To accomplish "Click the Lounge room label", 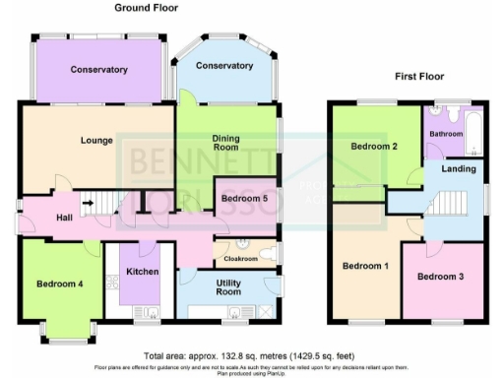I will pyautogui.click(x=96, y=141).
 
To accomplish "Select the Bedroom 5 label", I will pyautogui.click(x=244, y=199).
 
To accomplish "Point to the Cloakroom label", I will pyautogui.click(x=239, y=259).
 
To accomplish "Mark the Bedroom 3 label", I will pyautogui.click(x=440, y=277).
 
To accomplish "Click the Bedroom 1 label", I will pyautogui.click(x=364, y=267).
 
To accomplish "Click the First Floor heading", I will pyautogui.click(x=419, y=76).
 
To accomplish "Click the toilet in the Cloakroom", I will pyautogui.click(x=258, y=248).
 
